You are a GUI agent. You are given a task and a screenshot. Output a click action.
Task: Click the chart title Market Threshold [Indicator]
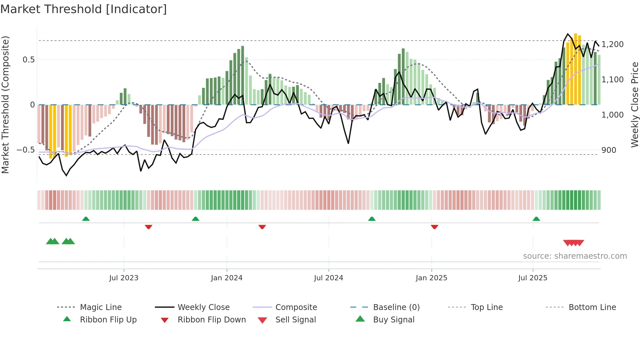click(84, 9)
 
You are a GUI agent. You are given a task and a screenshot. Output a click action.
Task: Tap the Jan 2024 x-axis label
click(227, 278)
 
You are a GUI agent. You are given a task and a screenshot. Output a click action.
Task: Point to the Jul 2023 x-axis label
click(124, 278)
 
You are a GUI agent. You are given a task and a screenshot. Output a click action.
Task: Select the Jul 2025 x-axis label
click(533, 278)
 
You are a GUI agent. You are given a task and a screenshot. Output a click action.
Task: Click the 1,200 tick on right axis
click(613, 44)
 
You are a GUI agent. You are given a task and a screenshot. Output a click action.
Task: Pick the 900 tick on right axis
click(609, 150)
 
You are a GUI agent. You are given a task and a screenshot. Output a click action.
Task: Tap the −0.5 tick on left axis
click(25, 150)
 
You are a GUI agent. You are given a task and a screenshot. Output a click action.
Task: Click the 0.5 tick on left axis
click(28, 60)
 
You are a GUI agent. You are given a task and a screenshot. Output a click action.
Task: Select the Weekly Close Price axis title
click(634, 105)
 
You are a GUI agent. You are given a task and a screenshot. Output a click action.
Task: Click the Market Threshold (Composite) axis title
click(5, 105)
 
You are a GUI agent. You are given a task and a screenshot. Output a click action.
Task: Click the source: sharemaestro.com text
click(575, 256)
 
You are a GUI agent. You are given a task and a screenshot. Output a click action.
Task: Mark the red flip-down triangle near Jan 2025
click(434, 227)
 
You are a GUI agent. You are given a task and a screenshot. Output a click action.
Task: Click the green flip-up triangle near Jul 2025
click(536, 219)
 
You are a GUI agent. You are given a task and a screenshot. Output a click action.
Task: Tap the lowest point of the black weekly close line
click(67, 176)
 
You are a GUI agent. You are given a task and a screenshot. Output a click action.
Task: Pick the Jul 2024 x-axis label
click(328, 278)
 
